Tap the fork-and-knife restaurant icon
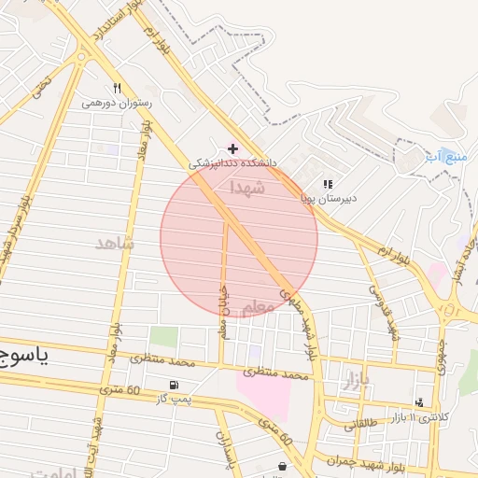click(117, 89)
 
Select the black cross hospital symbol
click(232, 148)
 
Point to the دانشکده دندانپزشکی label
click(233, 163)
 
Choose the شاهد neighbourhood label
click(115, 243)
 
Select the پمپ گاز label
click(175, 399)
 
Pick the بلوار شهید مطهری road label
click(312, 330)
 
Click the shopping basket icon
click(282, 466)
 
